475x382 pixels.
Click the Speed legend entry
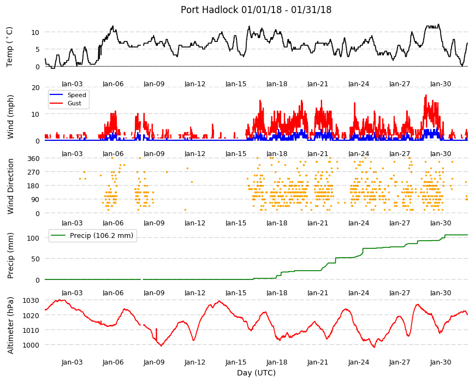[x=76, y=95]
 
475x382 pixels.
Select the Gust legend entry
[x=74, y=103]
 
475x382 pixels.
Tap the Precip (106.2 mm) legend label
[x=102, y=236]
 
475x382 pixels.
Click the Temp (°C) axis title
[x=10, y=47]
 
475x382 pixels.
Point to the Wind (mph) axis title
[x=10, y=117]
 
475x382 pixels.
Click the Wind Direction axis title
[x=10, y=186]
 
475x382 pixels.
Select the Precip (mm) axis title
[x=10, y=256]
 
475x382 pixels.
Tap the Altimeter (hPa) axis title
[x=10, y=326]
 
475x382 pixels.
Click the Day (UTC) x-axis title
[x=256, y=373]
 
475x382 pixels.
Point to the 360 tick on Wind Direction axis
[x=33, y=158]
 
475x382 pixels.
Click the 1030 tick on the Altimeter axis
[x=31, y=301]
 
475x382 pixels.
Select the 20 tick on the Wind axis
[x=35, y=88]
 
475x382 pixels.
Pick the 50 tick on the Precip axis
[x=35, y=259]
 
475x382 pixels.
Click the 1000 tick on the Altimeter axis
[x=31, y=345]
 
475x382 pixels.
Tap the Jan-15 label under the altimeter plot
[x=236, y=362]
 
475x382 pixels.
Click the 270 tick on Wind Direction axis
[x=33, y=172]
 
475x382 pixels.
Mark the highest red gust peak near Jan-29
[x=426, y=95]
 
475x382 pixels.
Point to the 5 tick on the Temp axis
[x=38, y=49]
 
